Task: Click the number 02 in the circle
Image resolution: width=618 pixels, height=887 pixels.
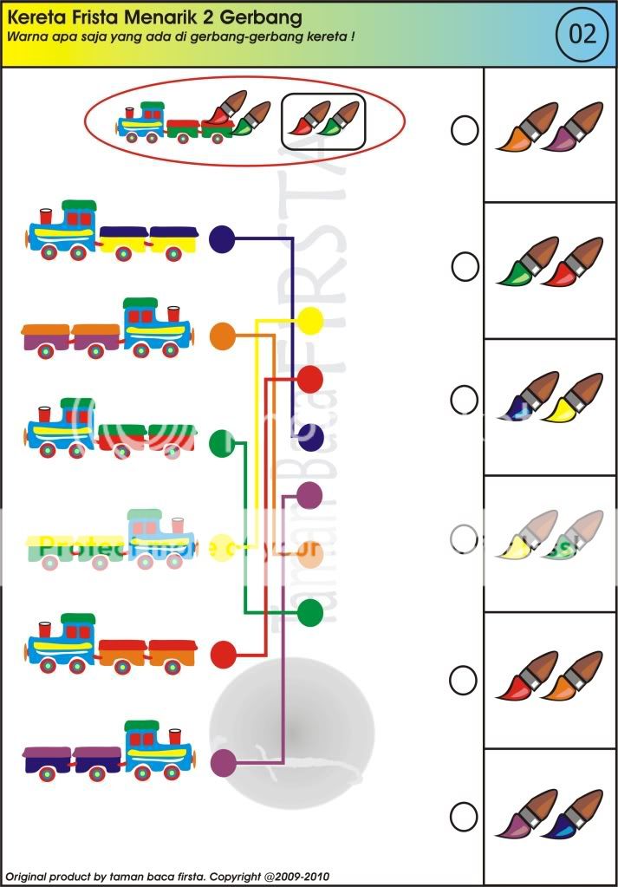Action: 582,35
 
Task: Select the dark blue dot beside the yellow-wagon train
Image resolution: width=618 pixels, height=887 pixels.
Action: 223,239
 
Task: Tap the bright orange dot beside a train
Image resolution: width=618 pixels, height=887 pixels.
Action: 223,336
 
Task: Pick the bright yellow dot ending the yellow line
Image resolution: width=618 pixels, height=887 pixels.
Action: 310,321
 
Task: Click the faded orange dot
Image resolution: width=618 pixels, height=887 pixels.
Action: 310,555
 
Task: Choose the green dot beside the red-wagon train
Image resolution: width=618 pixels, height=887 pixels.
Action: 223,444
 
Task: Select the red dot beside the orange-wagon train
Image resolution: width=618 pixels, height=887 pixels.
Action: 223,654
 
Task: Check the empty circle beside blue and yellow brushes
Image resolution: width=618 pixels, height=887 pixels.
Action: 465,400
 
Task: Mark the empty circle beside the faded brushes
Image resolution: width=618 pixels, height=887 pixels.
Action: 465,538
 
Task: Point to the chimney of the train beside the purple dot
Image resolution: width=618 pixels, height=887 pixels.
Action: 175,735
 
